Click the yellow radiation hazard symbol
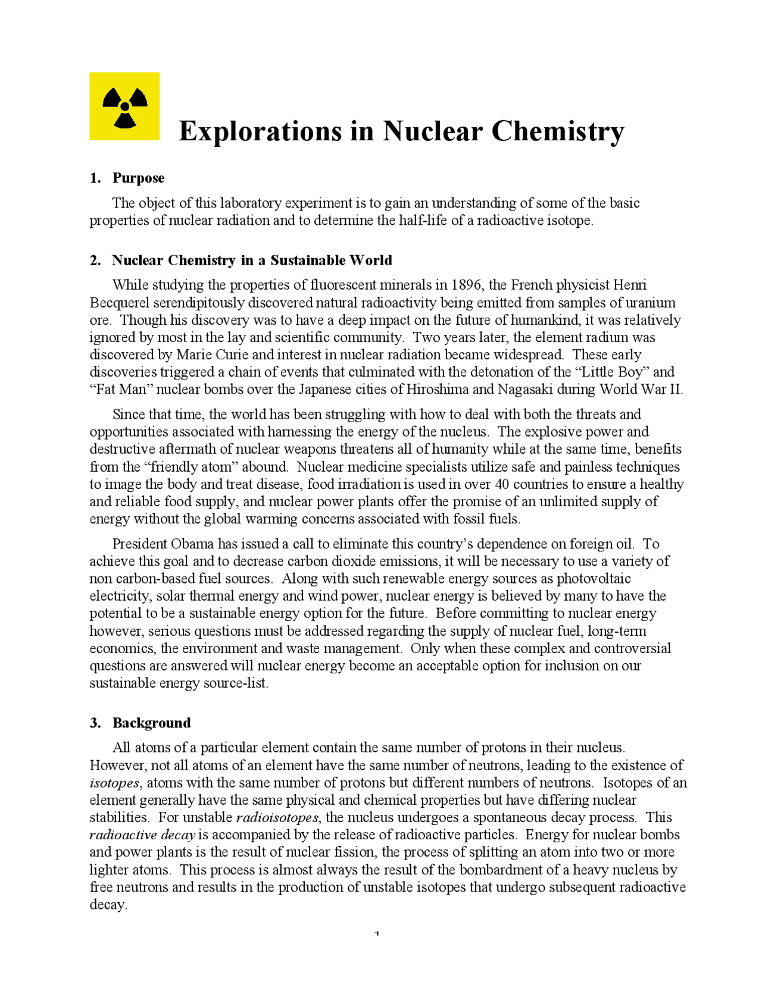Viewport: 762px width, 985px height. click(124, 106)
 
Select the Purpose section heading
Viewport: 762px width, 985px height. click(138, 178)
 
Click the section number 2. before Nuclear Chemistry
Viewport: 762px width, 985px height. click(95, 261)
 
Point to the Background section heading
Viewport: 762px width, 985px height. click(151, 723)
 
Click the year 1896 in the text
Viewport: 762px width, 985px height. click(467, 285)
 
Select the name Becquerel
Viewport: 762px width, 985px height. click(119, 302)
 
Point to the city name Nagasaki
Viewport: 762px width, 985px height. click(526, 390)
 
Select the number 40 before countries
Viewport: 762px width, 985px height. click(502, 484)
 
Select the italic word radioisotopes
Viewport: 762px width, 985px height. click(277, 817)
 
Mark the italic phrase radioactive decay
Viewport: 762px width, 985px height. click(142, 835)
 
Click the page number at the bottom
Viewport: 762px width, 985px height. click(377, 933)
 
